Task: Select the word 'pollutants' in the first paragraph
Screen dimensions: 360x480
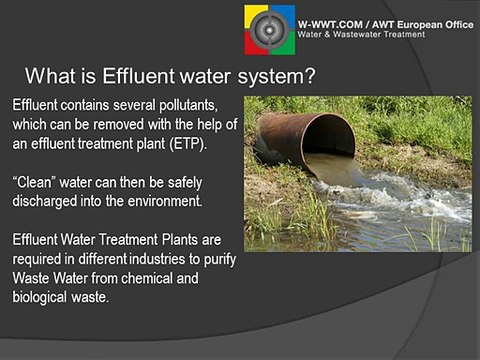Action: tap(197, 105)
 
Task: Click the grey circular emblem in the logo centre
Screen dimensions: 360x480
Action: tap(270, 28)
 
